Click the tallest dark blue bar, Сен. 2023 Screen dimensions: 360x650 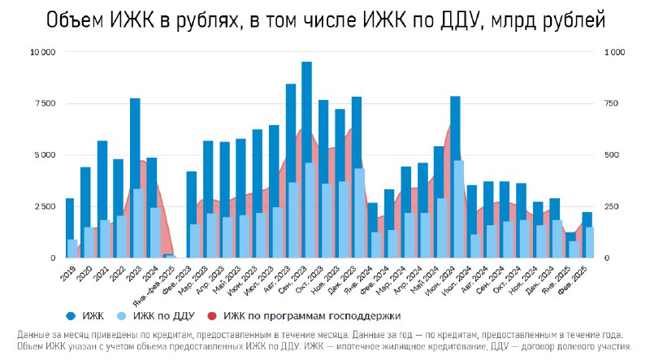(x=306, y=114)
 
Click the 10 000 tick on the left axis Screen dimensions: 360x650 (x=42, y=52)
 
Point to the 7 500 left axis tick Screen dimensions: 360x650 (x=44, y=103)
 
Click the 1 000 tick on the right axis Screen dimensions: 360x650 (x=615, y=52)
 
